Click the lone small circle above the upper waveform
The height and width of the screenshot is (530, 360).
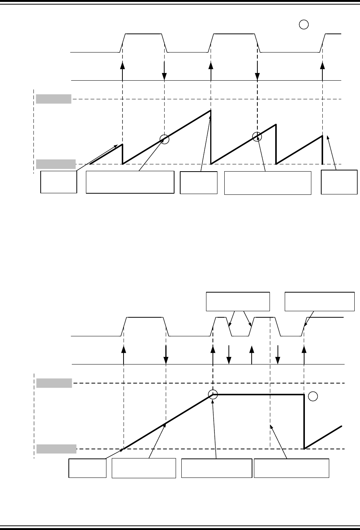point(303,25)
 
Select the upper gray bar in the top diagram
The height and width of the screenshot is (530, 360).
point(54,99)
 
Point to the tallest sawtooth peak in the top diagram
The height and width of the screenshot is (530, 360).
point(211,111)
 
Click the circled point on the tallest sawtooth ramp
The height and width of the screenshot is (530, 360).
point(164,139)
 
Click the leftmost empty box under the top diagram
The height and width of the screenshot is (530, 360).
point(59,182)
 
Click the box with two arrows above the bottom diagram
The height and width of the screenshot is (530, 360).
point(238,301)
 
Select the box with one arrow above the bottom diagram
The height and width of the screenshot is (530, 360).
point(320,301)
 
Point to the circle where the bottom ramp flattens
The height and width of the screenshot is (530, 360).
point(213,395)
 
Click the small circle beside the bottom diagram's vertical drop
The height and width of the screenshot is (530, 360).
point(312,396)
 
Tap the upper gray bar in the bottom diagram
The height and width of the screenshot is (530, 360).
point(54,383)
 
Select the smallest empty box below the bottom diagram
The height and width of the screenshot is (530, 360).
point(87,468)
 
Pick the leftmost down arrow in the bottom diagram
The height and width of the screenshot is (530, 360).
point(166,354)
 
